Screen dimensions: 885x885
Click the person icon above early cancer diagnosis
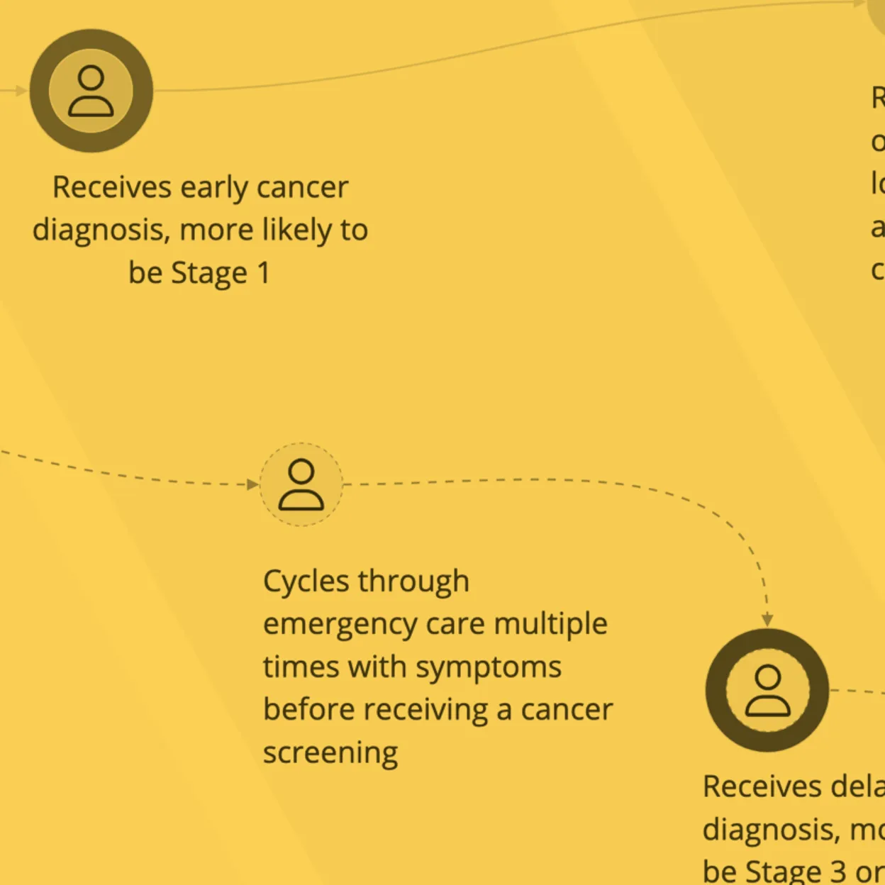(91, 91)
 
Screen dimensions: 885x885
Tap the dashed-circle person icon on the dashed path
(301, 484)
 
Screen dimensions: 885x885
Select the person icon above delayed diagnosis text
(767, 690)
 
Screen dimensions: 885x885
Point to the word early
(214, 188)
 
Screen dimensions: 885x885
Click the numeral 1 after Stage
(264, 273)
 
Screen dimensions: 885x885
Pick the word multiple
(550, 624)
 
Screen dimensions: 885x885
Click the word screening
(330, 753)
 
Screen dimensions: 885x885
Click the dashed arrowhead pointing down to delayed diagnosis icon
(767, 620)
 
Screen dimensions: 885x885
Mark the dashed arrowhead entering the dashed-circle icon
(252, 484)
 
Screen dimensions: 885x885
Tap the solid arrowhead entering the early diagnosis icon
(22, 91)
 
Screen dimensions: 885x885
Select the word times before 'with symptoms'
(297, 667)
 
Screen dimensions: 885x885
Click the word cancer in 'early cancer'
(302, 188)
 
